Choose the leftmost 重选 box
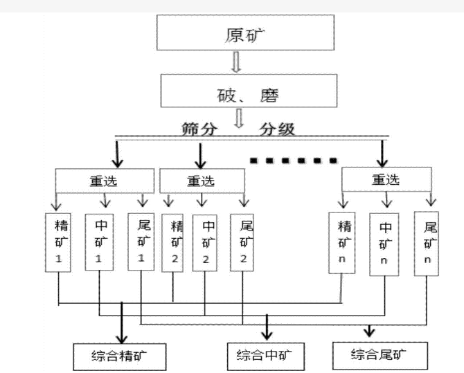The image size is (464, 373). (104, 181)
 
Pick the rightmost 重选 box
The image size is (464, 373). (385, 179)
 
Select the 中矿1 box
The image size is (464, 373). (98, 242)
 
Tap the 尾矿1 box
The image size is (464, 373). (141, 242)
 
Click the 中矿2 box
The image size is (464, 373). (207, 243)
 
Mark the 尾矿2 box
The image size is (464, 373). (244, 243)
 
